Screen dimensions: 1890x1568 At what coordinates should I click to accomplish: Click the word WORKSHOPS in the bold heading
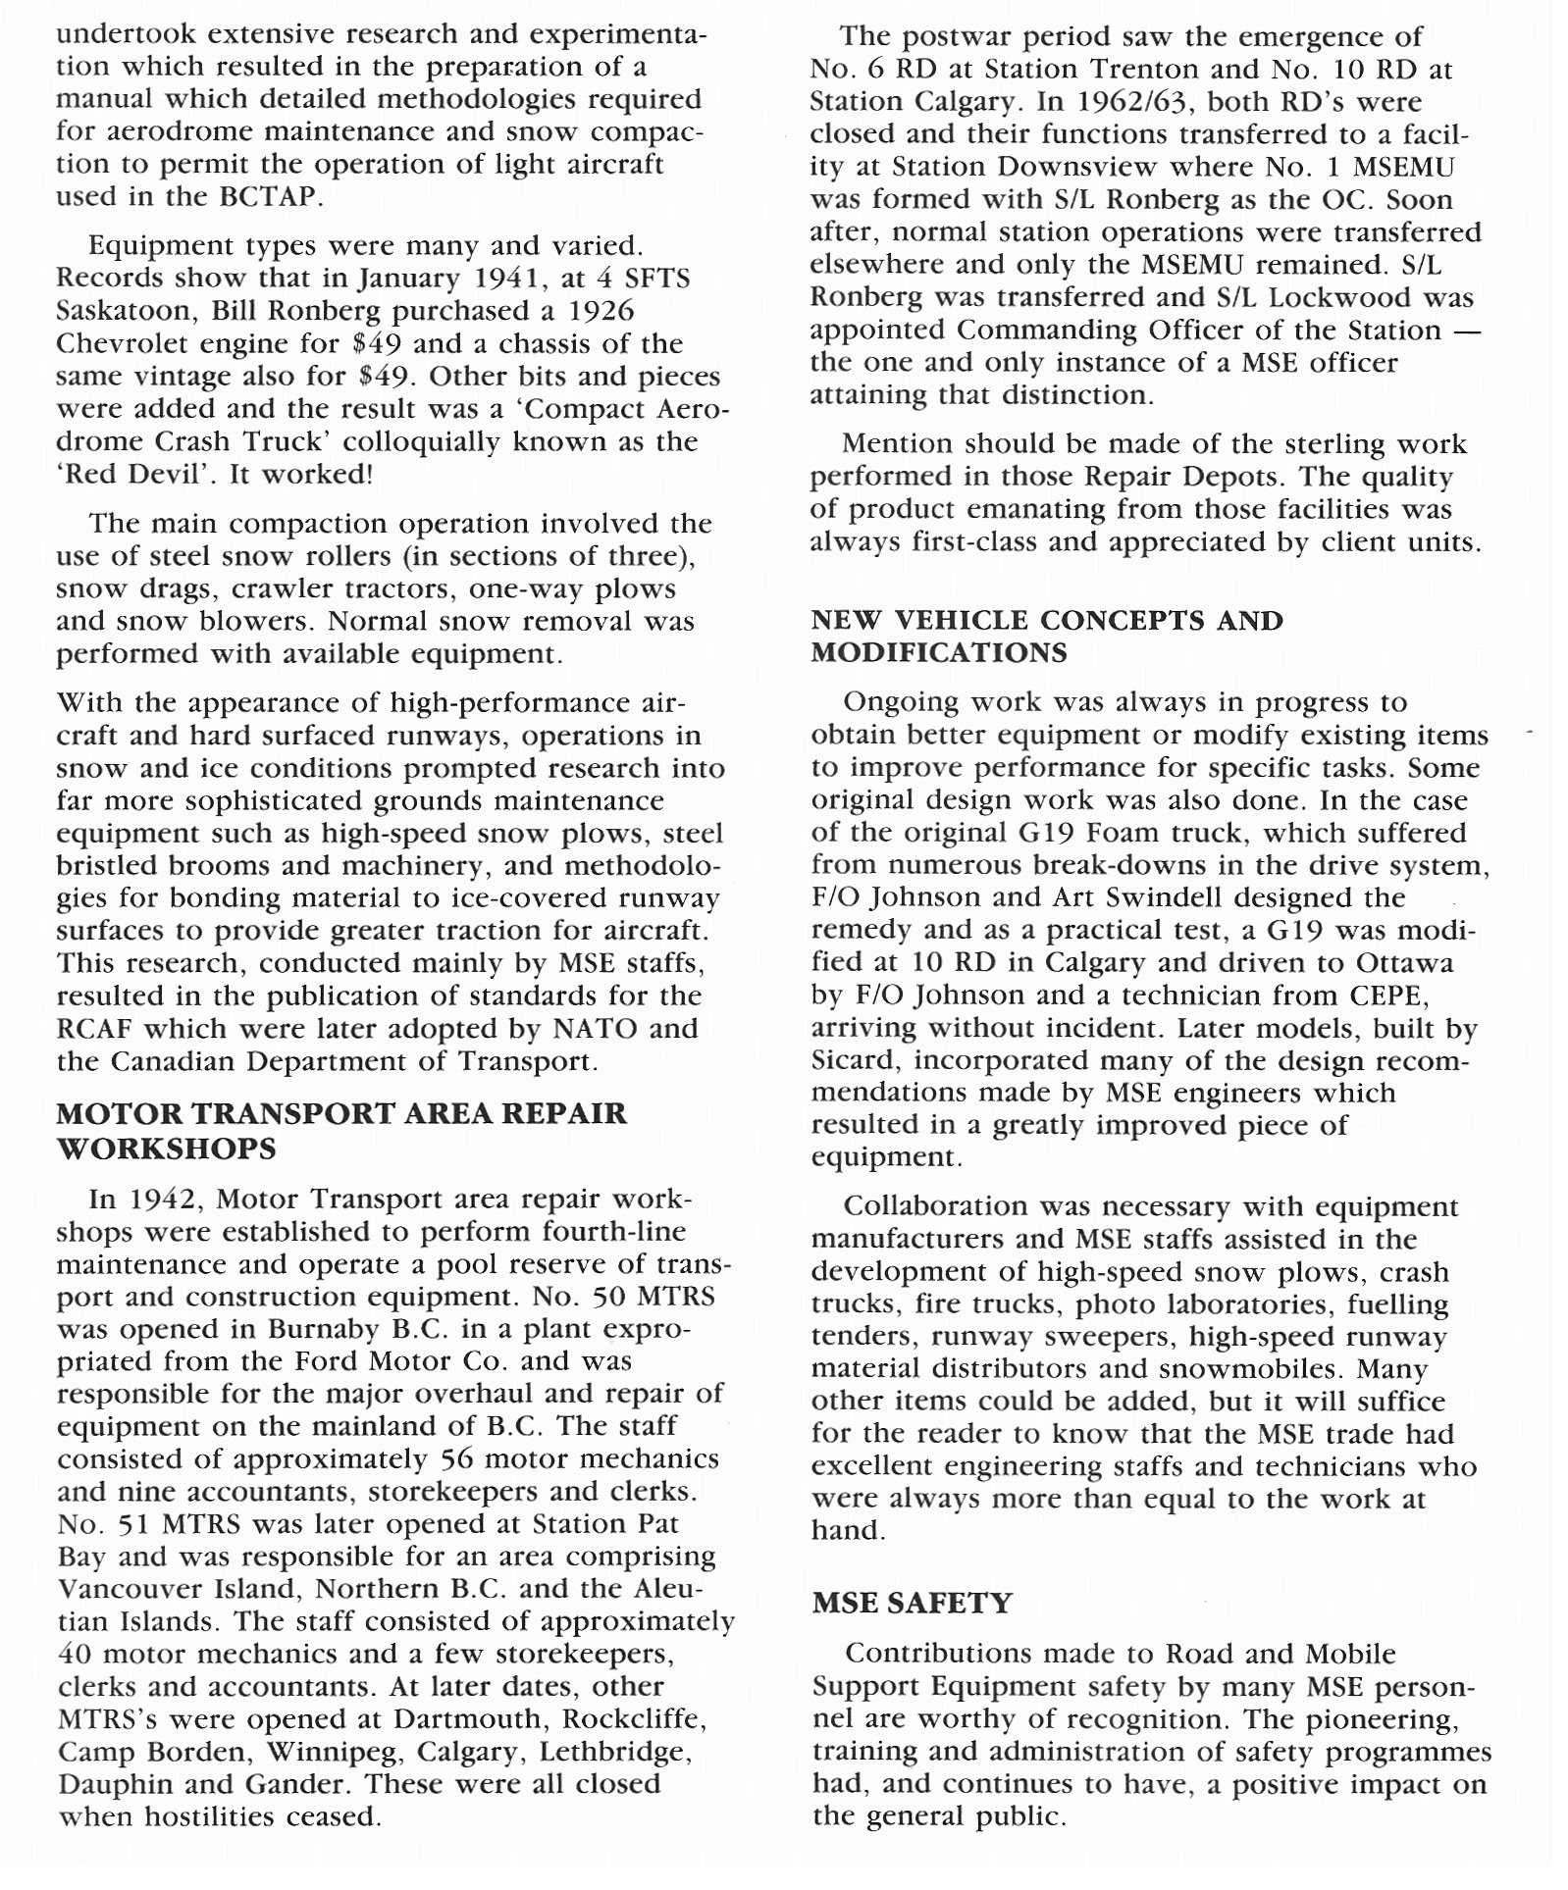click(166, 1149)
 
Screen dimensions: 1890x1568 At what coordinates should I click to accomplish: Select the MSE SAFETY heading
click(912, 1603)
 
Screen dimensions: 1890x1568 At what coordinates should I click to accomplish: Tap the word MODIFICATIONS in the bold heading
click(939, 653)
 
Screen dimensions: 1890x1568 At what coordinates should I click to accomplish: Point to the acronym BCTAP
click(267, 196)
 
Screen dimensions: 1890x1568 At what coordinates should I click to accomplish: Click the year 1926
click(601, 311)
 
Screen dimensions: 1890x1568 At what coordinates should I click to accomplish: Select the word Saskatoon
click(125, 311)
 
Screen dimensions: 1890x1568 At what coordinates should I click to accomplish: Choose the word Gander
click(297, 1784)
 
